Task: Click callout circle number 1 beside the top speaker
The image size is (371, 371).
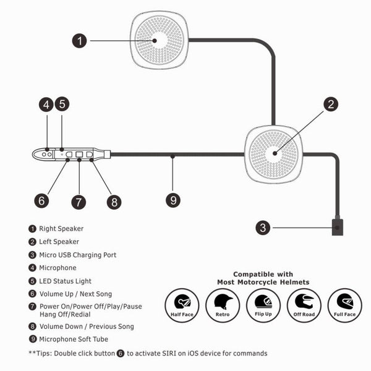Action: click(x=79, y=41)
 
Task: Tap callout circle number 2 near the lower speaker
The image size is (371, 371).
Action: click(x=331, y=104)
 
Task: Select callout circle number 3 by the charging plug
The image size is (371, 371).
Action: click(x=264, y=228)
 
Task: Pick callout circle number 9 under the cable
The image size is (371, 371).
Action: click(x=173, y=200)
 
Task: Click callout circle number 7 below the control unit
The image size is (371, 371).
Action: click(x=79, y=202)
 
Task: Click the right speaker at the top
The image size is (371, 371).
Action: click(x=159, y=39)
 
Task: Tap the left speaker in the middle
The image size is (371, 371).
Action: click(x=274, y=154)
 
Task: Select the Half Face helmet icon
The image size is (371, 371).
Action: click(x=182, y=305)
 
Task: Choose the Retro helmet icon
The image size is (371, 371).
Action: click(x=223, y=305)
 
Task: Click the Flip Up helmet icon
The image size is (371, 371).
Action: click(x=263, y=305)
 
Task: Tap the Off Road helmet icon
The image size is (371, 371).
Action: click(x=304, y=305)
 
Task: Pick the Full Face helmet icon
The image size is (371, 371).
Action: click(x=344, y=305)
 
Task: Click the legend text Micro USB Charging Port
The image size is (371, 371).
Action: click(x=77, y=255)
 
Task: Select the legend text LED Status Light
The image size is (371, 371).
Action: click(x=66, y=281)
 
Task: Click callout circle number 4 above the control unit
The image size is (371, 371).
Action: click(x=46, y=104)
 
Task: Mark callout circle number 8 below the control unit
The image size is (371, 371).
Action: click(x=113, y=202)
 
